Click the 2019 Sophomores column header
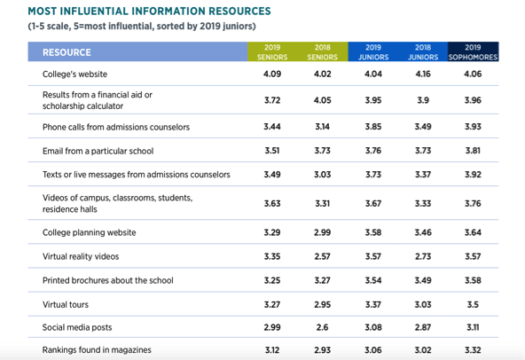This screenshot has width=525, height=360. click(x=473, y=52)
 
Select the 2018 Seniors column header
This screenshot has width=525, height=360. click(x=323, y=52)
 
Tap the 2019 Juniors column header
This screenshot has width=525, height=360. click(x=373, y=52)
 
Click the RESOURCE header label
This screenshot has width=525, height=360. click(x=67, y=52)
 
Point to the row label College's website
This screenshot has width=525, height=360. click(x=74, y=74)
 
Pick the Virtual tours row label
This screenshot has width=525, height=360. click(x=66, y=304)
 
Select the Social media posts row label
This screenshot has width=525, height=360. click(x=77, y=327)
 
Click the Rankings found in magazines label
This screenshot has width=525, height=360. click(x=97, y=350)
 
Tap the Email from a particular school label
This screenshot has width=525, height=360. click(x=98, y=151)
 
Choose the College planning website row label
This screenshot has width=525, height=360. click(x=89, y=232)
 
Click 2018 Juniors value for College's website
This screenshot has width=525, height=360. click(x=423, y=74)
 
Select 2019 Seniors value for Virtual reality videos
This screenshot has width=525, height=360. click(x=272, y=256)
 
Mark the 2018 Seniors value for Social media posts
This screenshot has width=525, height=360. click(x=322, y=327)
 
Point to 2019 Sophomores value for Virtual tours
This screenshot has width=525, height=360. click(x=473, y=304)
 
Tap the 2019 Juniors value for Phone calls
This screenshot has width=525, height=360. click(x=373, y=127)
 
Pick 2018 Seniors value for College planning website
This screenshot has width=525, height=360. click(x=322, y=232)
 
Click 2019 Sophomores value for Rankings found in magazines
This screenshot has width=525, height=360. click(x=473, y=350)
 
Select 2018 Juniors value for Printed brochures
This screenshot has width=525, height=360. click(x=423, y=280)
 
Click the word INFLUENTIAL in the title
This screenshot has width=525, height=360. click(x=95, y=11)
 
